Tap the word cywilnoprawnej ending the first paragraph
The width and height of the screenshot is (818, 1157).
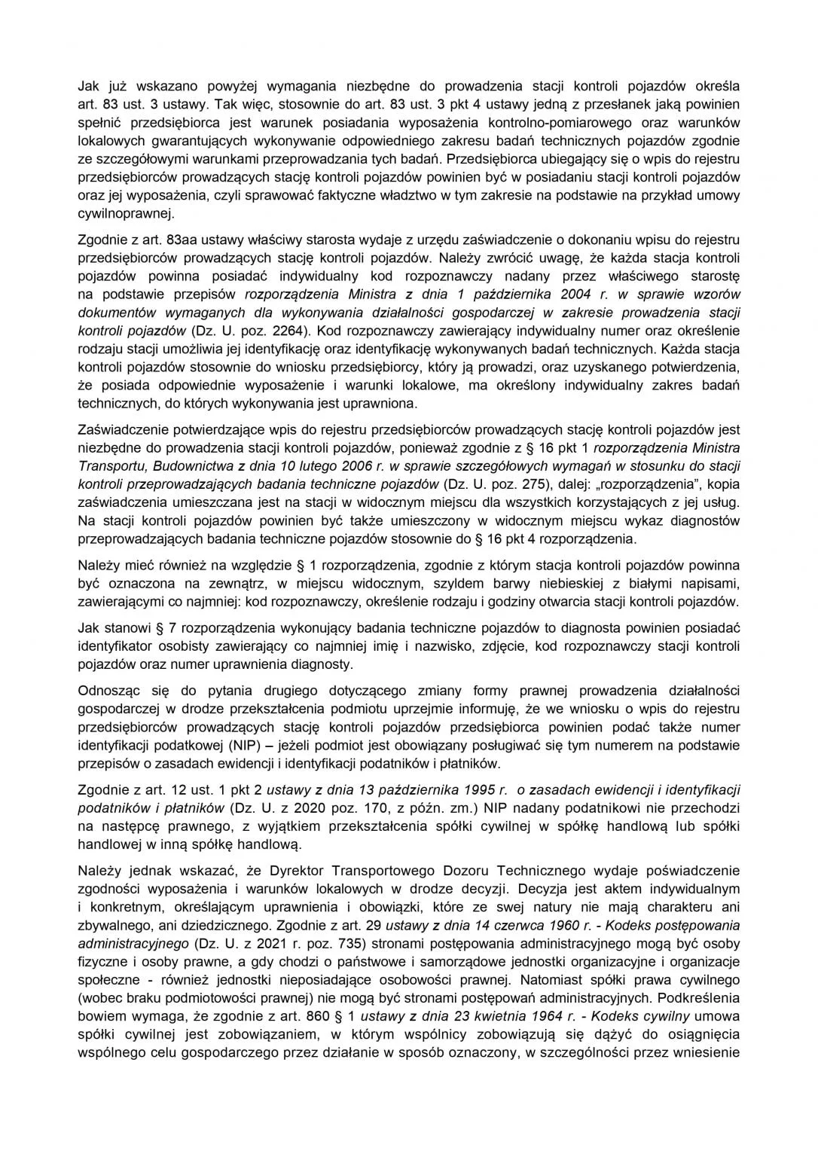tap(126, 214)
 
